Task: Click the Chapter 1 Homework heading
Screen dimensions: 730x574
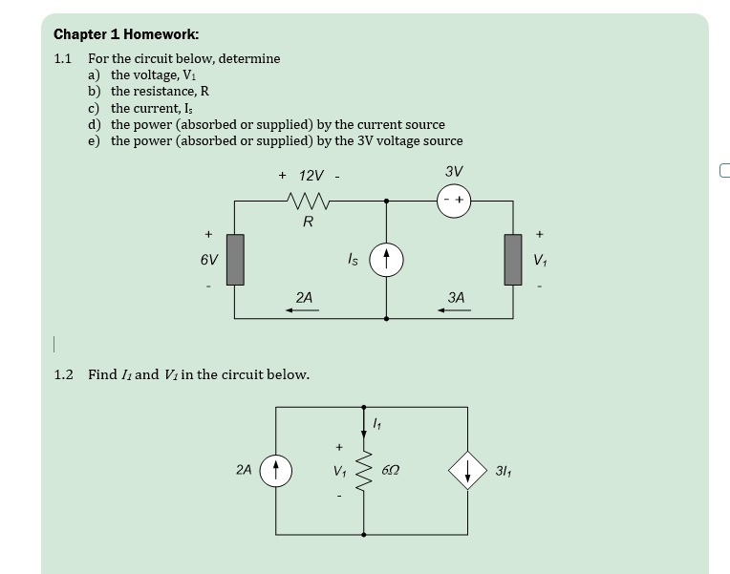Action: pyautogui.click(x=126, y=34)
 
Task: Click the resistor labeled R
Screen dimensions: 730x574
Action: pyautogui.click(x=309, y=202)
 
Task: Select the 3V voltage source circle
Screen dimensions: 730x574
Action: pyautogui.click(x=454, y=201)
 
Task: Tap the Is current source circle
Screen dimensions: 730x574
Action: pyautogui.click(x=386, y=260)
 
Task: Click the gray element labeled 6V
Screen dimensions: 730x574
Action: pyautogui.click(x=235, y=260)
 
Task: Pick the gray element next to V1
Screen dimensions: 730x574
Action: pyautogui.click(x=513, y=260)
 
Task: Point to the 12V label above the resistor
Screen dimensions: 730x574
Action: pyautogui.click(x=311, y=176)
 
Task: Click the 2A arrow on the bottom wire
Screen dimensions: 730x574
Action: pyautogui.click(x=302, y=310)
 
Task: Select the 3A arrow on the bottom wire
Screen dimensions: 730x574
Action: pyautogui.click(x=454, y=310)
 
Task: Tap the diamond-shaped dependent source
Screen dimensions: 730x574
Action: pyautogui.click(x=467, y=470)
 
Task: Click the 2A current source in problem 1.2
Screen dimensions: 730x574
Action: pyautogui.click(x=275, y=471)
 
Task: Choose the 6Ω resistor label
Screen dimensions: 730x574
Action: pyautogui.click(x=390, y=470)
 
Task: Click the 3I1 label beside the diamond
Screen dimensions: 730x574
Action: pyautogui.click(x=504, y=471)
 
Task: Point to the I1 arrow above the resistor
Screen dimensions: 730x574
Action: pyautogui.click(x=364, y=423)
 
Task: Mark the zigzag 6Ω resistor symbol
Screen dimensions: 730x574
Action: pyautogui.click(x=364, y=470)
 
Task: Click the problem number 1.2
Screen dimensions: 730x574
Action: pyautogui.click(x=63, y=374)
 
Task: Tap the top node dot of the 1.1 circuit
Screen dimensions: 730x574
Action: pyautogui.click(x=386, y=202)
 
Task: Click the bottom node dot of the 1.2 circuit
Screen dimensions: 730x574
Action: pyautogui.click(x=364, y=535)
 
